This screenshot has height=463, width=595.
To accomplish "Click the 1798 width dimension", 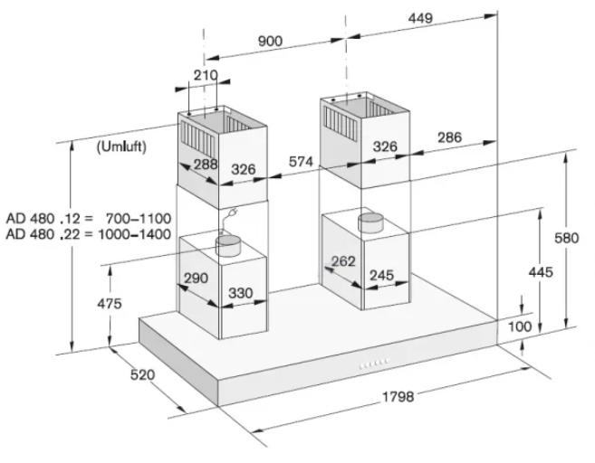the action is (x=398, y=397).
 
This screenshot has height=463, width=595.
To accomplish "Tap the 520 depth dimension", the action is (x=143, y=374).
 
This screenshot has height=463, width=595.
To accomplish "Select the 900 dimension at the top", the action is (x=270, y=41).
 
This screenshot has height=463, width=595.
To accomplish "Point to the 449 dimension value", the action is (x=420, y=18).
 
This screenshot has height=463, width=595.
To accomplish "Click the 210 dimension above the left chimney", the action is (x=206, y=75).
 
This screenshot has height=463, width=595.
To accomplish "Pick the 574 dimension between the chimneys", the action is (x=301, y=162).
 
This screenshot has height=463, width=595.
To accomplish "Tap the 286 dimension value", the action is (x=450, y=137).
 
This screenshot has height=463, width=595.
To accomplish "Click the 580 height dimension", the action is (x=567, y=238).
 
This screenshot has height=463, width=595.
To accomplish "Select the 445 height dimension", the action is (x=541, y=272).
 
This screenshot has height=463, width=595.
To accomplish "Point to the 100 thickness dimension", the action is (x=520, y=326).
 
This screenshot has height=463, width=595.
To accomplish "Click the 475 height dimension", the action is (x=110, y=304).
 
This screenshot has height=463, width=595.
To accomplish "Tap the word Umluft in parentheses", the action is (x=121, y=146).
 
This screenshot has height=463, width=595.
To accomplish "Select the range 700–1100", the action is (x=139, y=219).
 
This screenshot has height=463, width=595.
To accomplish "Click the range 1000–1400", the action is (x=135, y=234).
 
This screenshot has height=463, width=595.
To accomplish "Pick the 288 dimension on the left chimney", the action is (x=206, y=164).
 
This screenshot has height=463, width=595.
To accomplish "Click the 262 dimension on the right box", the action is (x=343, y=261).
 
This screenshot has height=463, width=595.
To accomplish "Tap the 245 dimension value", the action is (x=382, y=275).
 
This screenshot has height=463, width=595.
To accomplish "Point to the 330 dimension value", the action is (x=241, y=293).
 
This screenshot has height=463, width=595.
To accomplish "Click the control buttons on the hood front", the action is (x=374, y=364).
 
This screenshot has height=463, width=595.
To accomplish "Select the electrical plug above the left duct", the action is (x=229, y=217).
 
